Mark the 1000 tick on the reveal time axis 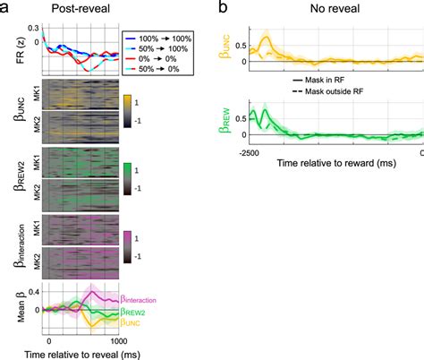[118, 340]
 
